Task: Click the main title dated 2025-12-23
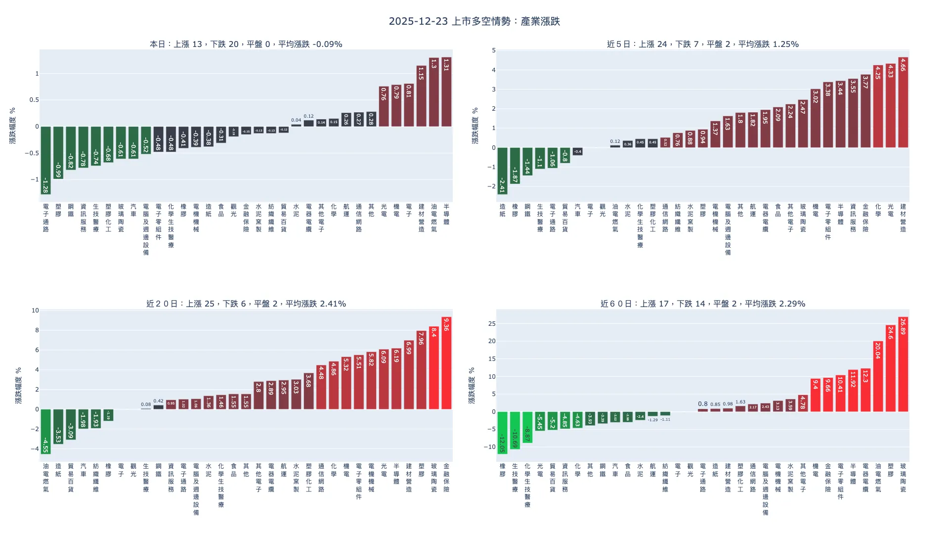click(x=474, y=21)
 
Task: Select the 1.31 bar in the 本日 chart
click(x=446, y=92)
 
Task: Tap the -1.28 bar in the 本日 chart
click(x=45, y=160)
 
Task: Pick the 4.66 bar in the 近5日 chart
click(x=903, y=102)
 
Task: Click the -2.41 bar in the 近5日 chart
click(x=502, y=171)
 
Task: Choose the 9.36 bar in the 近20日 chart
click(x=446, y=363)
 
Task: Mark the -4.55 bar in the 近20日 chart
click(x=45, y=431)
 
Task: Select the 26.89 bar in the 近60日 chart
click(x=903, y=364)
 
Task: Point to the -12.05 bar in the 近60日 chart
click(x=502, y=433)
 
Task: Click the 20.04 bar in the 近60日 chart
click(x=878, y=376)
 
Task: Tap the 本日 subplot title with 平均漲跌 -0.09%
click(x=246, y=44)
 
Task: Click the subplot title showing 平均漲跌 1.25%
click(x=702, y=44)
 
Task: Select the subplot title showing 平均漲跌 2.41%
click(x=246, y=304)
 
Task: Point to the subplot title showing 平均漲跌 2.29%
click(x=702, y=304)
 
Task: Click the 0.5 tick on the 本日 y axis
click(x=34, y=100)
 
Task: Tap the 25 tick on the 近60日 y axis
click(x=491, y=324)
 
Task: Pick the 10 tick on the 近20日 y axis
click(x=35, y=311)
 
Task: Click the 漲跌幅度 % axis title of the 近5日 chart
click(x=475, y=126)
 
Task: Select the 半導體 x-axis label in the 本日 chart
click(x=446, y=214)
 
